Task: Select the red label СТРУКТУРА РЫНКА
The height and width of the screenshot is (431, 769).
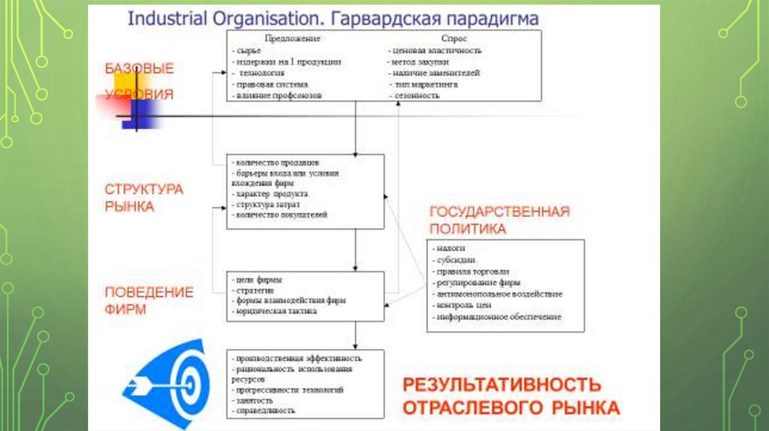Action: pos(143,197)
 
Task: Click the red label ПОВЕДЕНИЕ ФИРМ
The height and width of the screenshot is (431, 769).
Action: pos(149,300)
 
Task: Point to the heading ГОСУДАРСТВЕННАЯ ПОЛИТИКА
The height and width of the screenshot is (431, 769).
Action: pos(499,219)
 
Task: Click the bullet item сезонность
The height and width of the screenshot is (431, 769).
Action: pos(416,96)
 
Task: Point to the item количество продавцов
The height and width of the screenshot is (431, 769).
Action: pos(276,161)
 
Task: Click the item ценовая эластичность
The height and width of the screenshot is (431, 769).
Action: pos(437,50)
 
